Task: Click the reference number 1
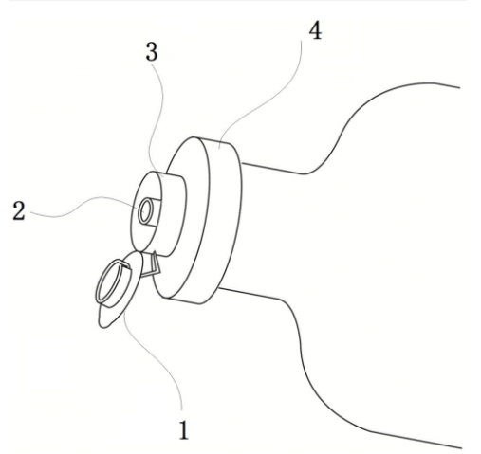point(184,430)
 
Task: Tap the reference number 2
point(19,210)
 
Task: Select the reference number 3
point(152,52)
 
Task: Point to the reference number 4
point(315,31)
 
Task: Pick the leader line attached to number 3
point(157,120)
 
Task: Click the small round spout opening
point(146,211)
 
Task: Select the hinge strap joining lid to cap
point(151,264)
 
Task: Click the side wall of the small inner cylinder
point(174,215)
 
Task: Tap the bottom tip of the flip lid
point(102,326)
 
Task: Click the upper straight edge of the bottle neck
point(273,169)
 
